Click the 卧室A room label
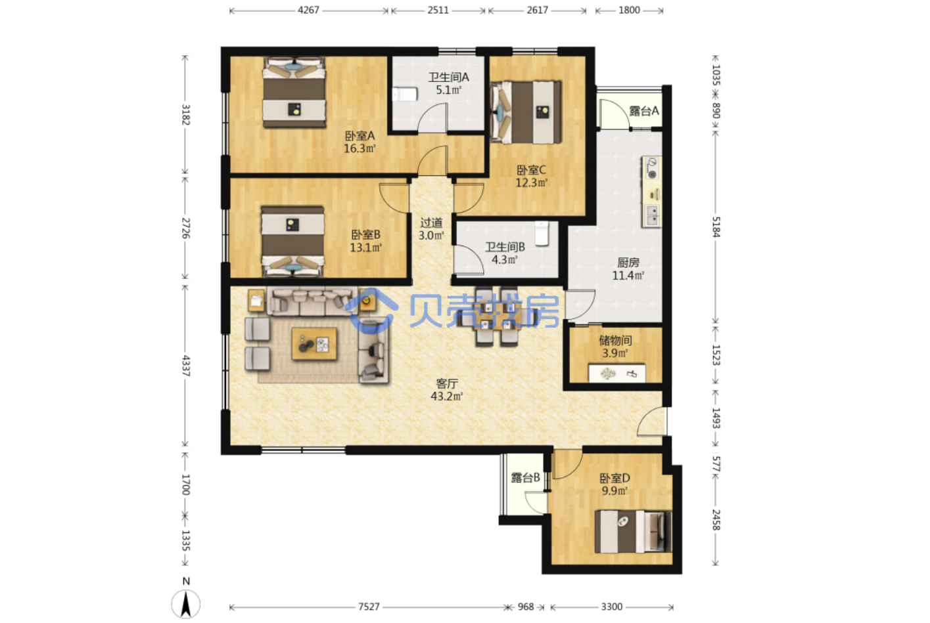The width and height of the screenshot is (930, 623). click(x=360, y=136)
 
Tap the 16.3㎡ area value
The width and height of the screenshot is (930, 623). click(x=360, y=148)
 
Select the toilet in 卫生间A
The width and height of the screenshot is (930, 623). click(x=405, y=94)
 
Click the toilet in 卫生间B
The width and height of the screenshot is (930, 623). click(x=542, y=233)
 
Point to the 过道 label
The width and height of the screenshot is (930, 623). click(x=431, y=223)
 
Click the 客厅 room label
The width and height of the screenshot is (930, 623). click(x=447, y=383)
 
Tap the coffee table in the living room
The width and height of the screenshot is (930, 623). click(x=314, y=343)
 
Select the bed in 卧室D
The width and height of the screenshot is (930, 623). click(x=633, y=531)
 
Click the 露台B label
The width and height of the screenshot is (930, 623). click(x=525, y=478)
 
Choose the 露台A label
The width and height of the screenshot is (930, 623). click(x=644, y=111)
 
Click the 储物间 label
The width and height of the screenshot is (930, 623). click(x=615, y=341)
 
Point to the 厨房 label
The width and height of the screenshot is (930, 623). click(x=628, y=263)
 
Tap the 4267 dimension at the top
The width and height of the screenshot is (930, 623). click(x=308, y=10)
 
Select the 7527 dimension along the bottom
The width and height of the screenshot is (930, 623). click(x=369, y=607)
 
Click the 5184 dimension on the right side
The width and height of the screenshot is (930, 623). click(x=716, y=227)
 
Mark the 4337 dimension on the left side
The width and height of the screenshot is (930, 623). click(x=185, y=366)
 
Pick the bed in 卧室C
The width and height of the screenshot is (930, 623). click(x=526, y=112)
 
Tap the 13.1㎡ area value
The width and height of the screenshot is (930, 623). click(x=366, y=247)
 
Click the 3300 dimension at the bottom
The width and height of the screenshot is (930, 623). click(x=612, y=607)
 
